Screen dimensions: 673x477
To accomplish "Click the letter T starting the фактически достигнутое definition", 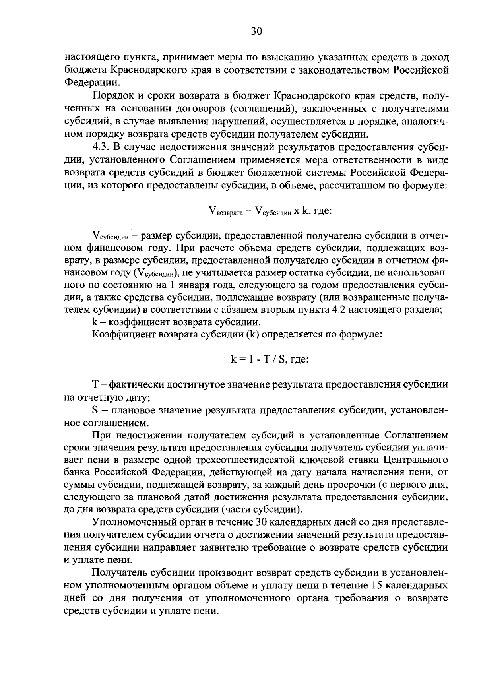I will [95, 385].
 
